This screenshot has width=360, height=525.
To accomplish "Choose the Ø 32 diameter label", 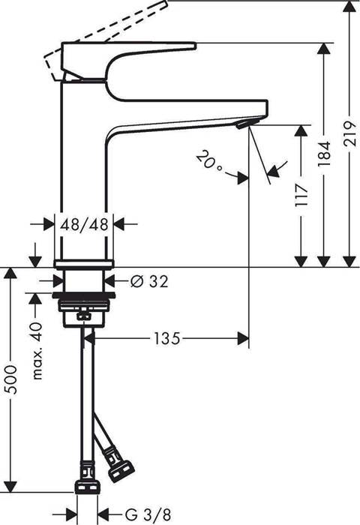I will [x=148, y=282].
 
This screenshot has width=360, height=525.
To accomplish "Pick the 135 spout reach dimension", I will [x=168, y=339].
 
